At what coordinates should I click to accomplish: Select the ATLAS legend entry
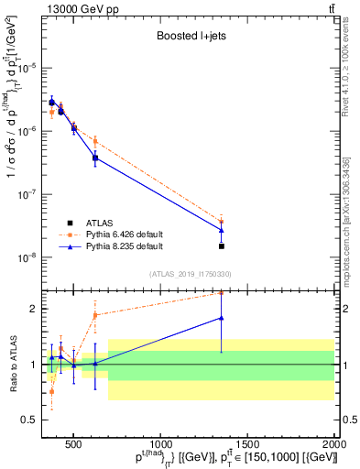(100, 223)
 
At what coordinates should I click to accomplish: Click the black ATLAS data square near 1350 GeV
(222, 245)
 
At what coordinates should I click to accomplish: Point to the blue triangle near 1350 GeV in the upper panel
(222, 230)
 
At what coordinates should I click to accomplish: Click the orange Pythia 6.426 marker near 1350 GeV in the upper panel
(222, 221)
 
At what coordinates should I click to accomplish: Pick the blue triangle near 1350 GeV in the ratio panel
(222, 318)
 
